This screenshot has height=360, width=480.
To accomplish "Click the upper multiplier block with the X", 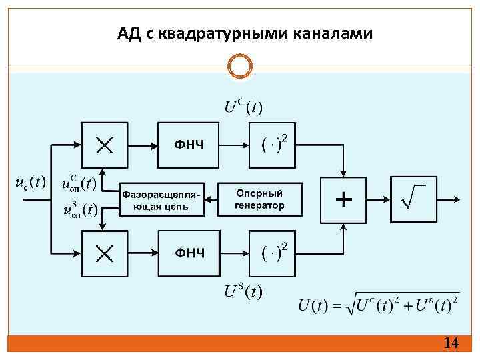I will click(105, 145).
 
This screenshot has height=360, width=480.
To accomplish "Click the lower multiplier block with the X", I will click(105, 253).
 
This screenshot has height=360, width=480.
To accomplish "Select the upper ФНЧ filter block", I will click(189, 145).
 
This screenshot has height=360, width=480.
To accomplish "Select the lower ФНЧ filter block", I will click(189, 253).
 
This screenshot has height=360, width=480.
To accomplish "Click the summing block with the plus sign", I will click(343, 199).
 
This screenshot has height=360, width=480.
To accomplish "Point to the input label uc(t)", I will click(30, 182).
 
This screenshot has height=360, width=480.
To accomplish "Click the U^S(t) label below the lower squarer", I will click(243, 291).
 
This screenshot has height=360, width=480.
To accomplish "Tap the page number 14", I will click(451, 343).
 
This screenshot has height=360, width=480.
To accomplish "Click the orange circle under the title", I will click(240, 66).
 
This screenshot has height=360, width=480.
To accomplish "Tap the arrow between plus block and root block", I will click(377, 199).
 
